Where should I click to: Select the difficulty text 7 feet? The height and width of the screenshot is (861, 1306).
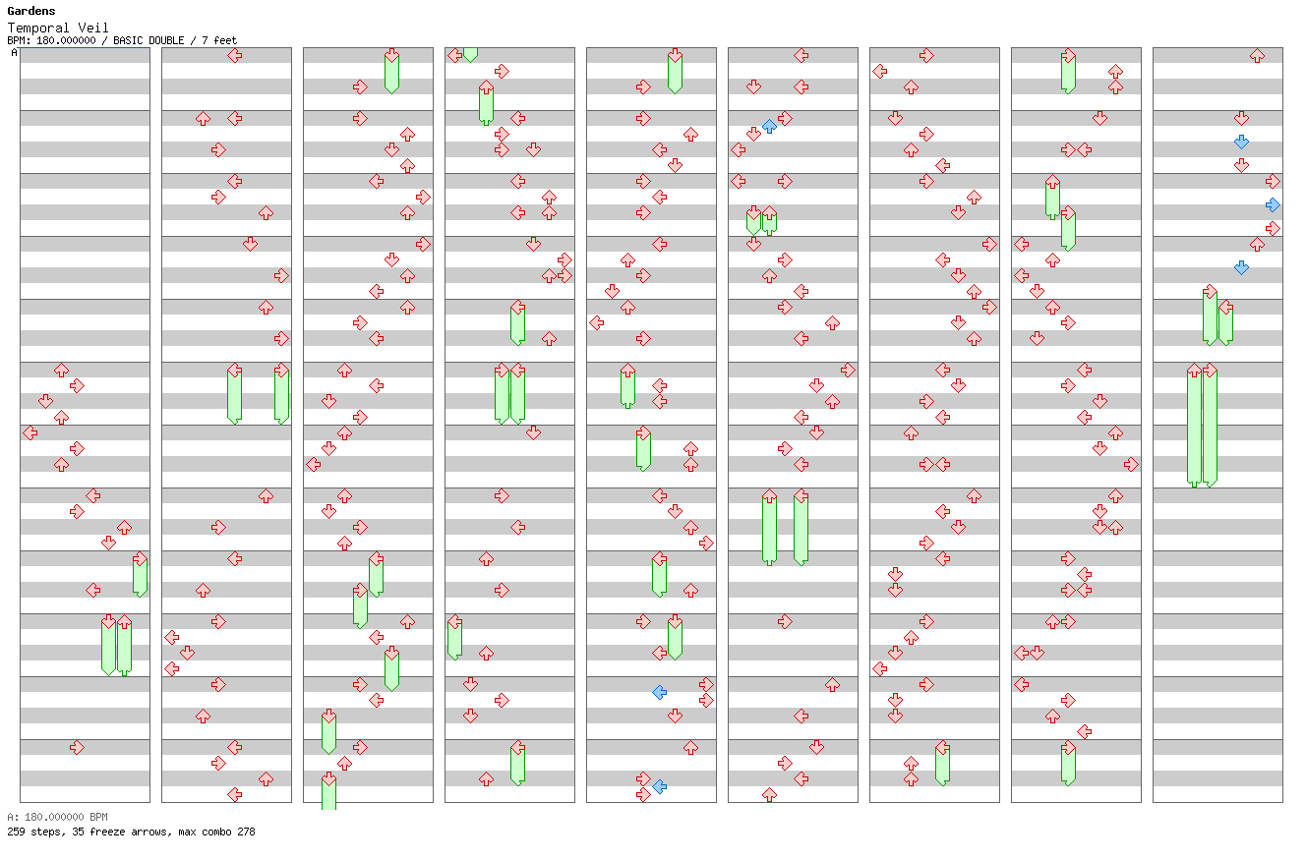point(220,41)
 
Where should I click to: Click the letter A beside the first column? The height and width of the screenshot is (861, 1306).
point(14,53)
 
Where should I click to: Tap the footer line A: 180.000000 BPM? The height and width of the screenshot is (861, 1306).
point(57,817)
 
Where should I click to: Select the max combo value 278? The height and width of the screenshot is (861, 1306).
point(246,832)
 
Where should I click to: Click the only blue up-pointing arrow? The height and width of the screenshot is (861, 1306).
point(769,126)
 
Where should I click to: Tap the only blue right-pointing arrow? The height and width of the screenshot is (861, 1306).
point(1273,204)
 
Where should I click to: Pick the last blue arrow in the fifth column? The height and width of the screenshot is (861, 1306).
point(659,786)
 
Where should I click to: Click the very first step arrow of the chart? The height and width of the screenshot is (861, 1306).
point(61,370)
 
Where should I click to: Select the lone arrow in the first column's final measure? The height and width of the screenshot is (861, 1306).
point(77,747)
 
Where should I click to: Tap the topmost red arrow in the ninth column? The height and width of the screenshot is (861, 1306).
point(1257,55)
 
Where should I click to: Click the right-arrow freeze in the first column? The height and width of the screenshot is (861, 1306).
point(140,575)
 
